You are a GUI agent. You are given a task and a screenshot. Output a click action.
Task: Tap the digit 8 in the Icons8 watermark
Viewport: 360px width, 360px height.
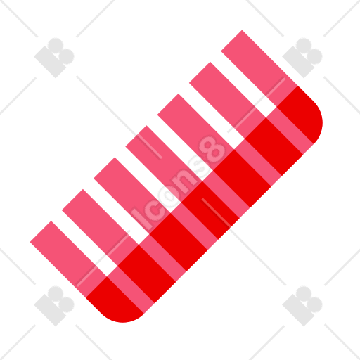click(x=213, y=150)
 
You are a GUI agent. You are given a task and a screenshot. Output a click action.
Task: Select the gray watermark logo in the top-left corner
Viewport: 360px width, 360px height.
click(x=54, y=58)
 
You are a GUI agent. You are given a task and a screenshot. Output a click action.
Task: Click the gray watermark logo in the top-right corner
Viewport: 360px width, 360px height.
click(x=302, y=58)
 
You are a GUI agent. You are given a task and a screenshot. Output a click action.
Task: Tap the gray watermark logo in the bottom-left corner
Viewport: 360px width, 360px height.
click(x=54, y=306)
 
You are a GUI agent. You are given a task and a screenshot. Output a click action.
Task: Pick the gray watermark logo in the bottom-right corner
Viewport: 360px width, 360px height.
click(x=302, y=306)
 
